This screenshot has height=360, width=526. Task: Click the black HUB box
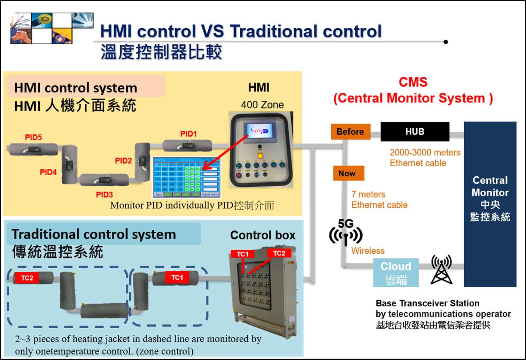click(415, 132)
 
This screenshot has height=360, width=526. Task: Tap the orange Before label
click(350, 132)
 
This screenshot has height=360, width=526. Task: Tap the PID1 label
click(188, 134)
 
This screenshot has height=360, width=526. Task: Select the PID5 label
click(33, 137)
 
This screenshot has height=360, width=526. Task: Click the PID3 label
click(104, 195)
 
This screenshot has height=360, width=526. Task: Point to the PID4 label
click(48, 172)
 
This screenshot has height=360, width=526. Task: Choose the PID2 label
click(123, 161)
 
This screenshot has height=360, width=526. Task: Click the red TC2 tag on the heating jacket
click(27, 278)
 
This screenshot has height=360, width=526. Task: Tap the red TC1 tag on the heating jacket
click(177, 277)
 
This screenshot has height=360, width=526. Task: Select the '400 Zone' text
click(262, 105)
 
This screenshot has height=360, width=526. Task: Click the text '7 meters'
click(368, 194)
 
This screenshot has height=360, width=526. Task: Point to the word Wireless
click(368, 251)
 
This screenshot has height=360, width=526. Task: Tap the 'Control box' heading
click(263, 235)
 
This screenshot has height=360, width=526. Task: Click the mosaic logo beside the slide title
click(52, 28)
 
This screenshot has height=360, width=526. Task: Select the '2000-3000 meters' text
click(425, 152)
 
